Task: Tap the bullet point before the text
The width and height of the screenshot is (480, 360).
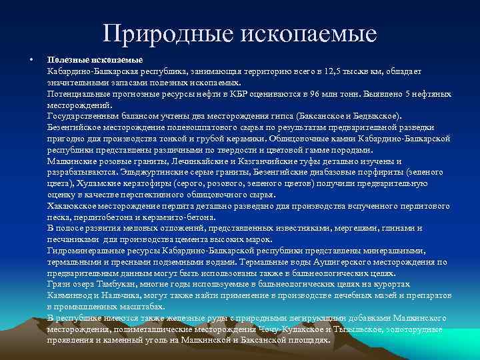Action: click(33, 60)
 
